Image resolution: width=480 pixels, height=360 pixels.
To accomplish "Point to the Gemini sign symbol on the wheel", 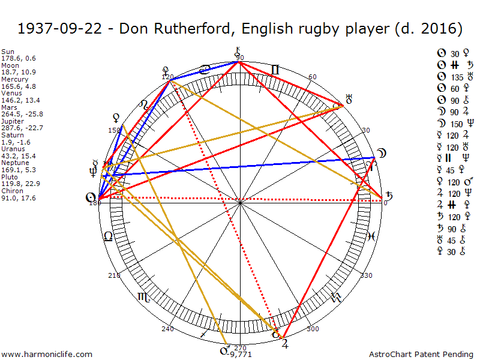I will (x=274, y=70).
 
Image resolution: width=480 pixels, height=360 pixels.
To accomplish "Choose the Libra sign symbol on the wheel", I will (x=108, y=236).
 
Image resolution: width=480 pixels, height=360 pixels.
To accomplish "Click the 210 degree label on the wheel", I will (x=114, y=275).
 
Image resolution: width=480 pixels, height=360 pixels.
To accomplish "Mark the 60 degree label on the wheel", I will (x=312, y=77).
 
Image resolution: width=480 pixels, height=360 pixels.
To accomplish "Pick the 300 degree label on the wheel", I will (x=313, y=329).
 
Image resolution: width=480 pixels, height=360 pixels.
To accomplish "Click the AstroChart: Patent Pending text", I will (x=423, y=355).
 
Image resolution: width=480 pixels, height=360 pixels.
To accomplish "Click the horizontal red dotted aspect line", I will (x=240, y=199).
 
